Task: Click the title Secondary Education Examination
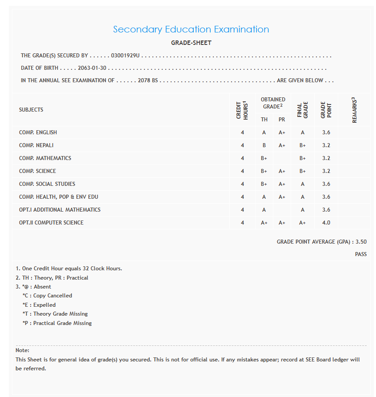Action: pos(191,29)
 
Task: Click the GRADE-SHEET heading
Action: pos(191,43)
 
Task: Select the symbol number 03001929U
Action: pos(125,56)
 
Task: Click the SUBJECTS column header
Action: pos(31,110)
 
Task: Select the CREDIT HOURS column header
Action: pos(242,110)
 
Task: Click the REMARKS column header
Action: pos(354,110)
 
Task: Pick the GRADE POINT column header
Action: pos(326,110)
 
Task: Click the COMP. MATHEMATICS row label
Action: pos(45,158)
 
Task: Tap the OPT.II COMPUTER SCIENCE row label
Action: pos(51,223)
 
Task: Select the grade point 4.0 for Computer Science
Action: pos(326,223)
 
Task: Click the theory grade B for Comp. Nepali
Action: pos(264,145)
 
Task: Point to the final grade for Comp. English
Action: pos(302,132)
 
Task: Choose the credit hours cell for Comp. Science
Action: pos(242,171)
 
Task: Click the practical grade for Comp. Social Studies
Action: pos(282,184)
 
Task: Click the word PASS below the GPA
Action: pos(360,254)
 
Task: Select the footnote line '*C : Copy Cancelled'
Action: pos(47,296)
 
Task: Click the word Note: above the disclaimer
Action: pos(22,350)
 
